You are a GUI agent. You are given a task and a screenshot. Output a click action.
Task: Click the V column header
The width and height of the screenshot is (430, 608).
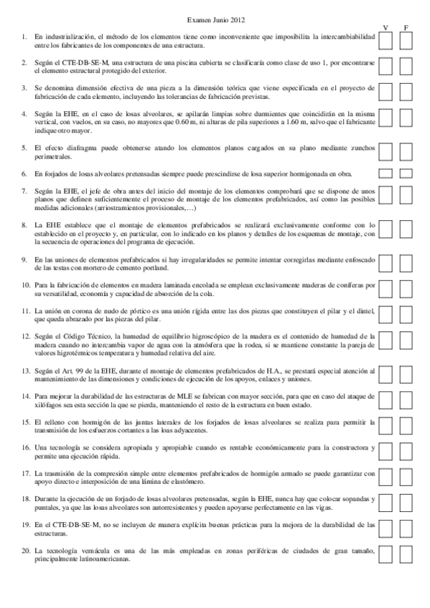(386, 28)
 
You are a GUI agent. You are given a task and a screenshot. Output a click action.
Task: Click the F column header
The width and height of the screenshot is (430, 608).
(406, 28)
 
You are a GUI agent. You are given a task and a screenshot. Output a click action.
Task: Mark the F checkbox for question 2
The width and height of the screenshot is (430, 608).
(406, 67)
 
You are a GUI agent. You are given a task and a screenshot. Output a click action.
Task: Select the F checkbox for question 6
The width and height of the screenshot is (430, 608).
(406, 174)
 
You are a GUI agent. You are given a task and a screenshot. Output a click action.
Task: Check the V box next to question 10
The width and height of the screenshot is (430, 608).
(386, 289)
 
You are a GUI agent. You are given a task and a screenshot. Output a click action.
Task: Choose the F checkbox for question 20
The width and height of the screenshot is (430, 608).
(406, 554)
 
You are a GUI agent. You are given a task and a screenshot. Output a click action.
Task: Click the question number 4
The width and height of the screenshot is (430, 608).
(24, 114)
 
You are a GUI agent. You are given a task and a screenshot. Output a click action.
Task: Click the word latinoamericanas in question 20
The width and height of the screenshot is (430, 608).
(106, 560)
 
